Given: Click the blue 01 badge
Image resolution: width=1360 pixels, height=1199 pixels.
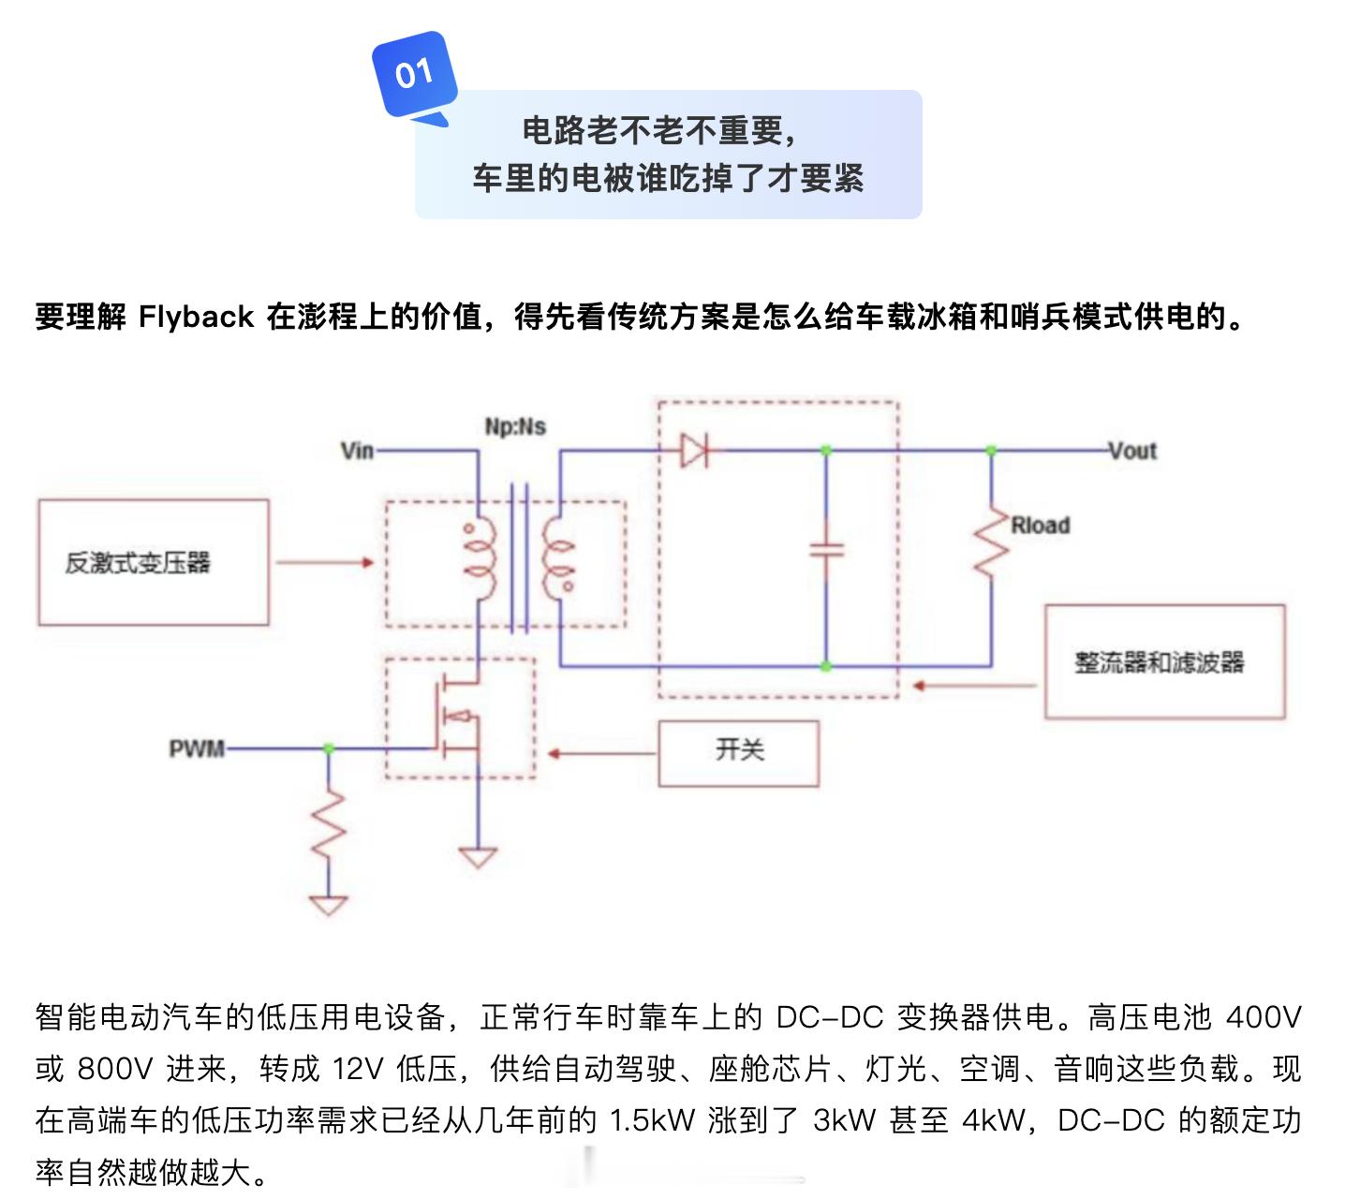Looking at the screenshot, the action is [x=414, y=74].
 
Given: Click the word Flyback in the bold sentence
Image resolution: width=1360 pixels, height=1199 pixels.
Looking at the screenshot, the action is [x=196, y=317].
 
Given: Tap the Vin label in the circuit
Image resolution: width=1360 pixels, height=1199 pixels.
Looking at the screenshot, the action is [x=357, y=451].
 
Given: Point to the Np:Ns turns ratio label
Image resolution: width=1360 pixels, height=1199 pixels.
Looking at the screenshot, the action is [x=515, y=426].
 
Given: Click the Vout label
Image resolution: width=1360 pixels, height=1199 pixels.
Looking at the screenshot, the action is [x=1132, y=451].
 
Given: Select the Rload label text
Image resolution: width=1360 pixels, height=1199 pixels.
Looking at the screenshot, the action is [x=1040, y=525].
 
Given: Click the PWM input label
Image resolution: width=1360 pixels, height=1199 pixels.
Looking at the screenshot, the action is [x=197, y=748].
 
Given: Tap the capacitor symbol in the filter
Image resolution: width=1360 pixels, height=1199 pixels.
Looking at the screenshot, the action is [x=826, y=551].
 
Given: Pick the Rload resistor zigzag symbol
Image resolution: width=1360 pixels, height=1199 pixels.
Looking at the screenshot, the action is [x=991, y=544].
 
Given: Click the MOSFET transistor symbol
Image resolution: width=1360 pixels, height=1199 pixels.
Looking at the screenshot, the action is [x=458, y=718].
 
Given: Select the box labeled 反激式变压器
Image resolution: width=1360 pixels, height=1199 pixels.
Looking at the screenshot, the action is [x=154, y=562].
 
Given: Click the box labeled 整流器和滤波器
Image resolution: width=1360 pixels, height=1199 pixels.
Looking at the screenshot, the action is [x=1164, y=662].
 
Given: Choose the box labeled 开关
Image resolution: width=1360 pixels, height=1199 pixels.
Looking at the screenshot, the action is [x=738, y=753].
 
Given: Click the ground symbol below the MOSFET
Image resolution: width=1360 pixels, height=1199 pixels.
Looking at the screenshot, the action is [x=478, y=857].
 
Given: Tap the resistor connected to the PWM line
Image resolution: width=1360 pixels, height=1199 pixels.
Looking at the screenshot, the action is [x=328, y=824].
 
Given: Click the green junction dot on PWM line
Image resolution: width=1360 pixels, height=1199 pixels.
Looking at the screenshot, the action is [x=328, y=748].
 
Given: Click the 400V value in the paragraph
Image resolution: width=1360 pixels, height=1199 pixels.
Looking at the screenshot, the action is [x=1264, y=1017].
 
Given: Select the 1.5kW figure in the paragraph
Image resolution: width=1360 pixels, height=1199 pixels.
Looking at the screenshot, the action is [x=651, y=1120].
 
